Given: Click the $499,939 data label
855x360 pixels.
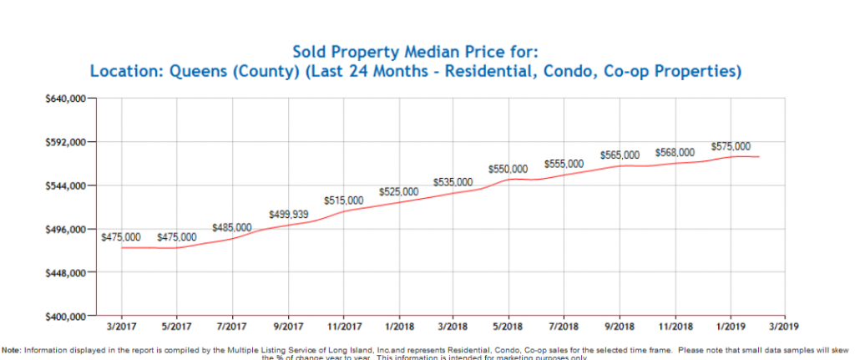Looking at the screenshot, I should (289, 215).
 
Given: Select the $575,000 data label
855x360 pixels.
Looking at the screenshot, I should (731, 146).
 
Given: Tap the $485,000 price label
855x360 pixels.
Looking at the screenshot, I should (232, 227).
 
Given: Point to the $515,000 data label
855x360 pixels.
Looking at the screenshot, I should (344, 200).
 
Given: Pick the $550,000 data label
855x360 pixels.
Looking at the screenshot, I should (508, 169).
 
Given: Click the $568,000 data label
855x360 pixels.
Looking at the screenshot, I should (675, 152).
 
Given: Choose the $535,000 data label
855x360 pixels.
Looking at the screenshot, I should (453, 182).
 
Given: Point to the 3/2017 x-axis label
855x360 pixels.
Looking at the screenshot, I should (121, 327).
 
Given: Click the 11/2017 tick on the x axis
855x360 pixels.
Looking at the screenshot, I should (342, 327).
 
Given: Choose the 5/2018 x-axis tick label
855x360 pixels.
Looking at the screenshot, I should (508, 327).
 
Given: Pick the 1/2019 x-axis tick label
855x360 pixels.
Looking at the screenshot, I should (731, 327).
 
